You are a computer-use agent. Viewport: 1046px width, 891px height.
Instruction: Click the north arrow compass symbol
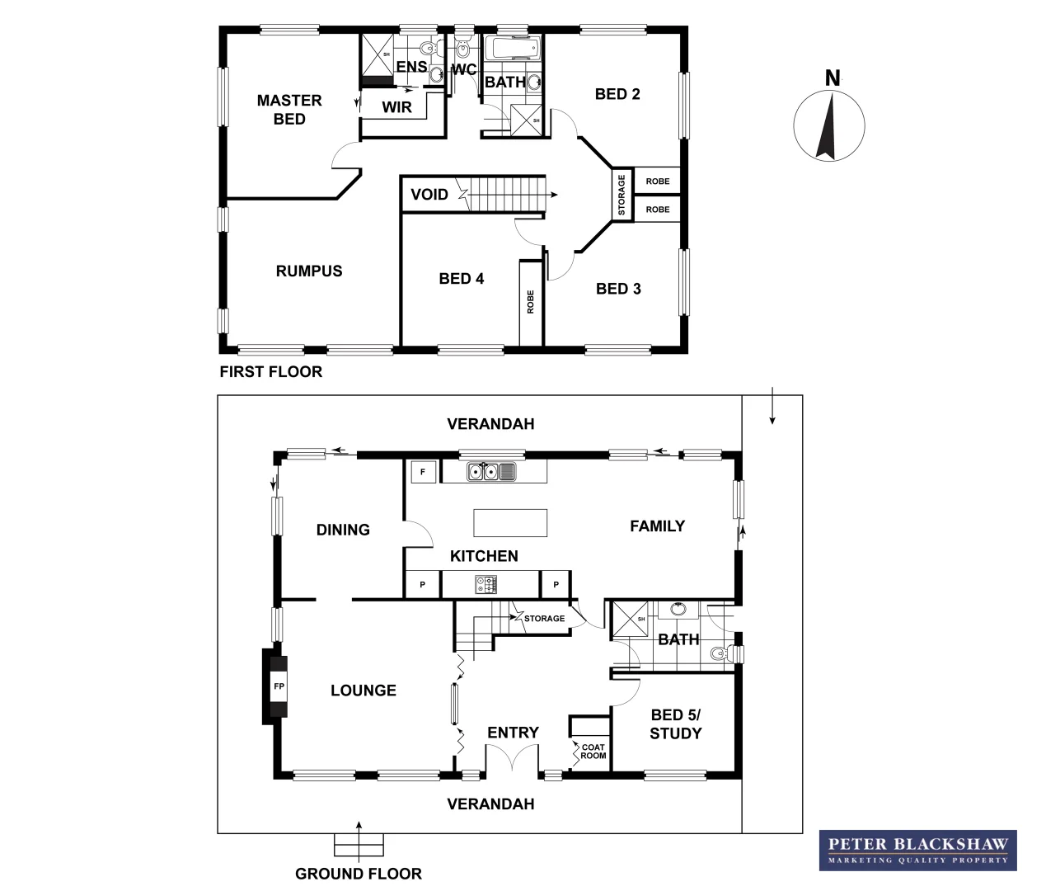tap(828, 128)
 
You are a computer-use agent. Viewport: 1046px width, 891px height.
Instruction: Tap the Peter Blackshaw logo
tap(917, 850)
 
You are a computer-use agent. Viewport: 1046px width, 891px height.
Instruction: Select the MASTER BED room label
tap(289, 110)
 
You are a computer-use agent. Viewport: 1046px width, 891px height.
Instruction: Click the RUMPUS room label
tap(309, 271)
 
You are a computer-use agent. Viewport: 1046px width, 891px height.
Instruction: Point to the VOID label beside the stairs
tap(429, 195)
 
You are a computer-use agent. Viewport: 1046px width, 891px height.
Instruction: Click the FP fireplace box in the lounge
tap(278, 686)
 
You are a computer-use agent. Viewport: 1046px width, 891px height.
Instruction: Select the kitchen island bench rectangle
tap(510, 523)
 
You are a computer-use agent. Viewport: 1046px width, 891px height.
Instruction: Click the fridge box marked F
tap(423, 472)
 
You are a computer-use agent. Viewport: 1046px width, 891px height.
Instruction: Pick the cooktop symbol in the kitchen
tap(485, 584)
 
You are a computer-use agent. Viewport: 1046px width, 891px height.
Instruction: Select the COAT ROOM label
tap(593, 752)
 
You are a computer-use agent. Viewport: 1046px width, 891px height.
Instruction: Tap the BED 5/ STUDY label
tap(676, 724)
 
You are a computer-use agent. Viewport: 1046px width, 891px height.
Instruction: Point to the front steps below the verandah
tap(359, 845)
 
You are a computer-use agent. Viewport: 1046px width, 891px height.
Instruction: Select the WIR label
tap(396, 107)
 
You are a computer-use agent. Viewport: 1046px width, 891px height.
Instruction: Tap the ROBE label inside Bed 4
tap(531, 302)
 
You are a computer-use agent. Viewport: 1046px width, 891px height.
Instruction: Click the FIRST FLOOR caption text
tap(270, 372)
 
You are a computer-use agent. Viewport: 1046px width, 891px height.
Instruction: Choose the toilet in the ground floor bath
tap(723, 654)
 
